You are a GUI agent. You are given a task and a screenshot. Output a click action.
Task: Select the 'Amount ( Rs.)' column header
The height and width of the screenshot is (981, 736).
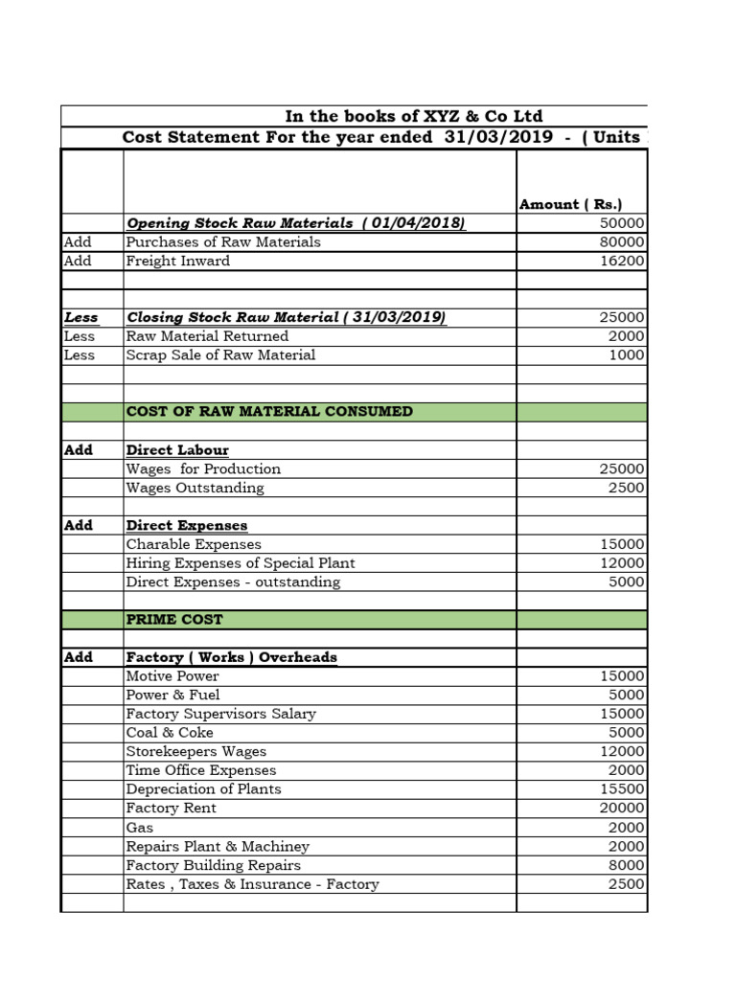[570, 204]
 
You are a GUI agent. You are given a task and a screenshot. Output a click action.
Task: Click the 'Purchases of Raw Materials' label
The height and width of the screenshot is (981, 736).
[223, 242]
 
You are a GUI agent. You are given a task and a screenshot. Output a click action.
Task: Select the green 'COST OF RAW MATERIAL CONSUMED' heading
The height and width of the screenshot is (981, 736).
[269, 411]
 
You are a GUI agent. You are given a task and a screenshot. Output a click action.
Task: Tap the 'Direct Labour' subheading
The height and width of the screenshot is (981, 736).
[177, 449]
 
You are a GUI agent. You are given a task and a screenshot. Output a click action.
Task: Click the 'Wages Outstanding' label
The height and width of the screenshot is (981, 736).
[195, 488]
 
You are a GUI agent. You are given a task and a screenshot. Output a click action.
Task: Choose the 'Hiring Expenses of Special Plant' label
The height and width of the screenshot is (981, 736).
[241, 563]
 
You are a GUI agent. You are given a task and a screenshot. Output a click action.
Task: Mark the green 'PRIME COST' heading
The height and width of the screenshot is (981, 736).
[174, 620]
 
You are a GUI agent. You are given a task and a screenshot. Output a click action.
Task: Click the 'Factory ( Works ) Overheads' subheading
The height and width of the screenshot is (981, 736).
[231, 657]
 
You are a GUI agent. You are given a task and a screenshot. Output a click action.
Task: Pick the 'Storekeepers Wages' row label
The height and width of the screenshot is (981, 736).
[196, 752]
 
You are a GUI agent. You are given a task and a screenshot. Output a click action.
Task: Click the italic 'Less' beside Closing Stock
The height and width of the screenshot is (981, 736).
[80, 317]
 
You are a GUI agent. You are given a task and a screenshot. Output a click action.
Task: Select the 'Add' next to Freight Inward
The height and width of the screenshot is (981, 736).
[78, 261]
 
